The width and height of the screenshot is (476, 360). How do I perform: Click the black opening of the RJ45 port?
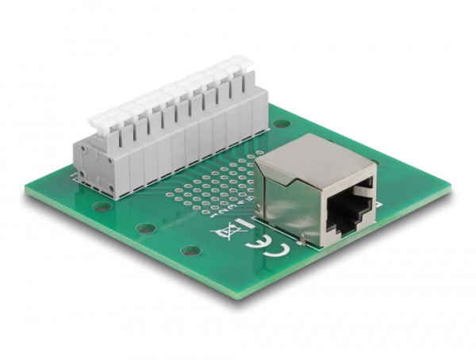[x=350, y=208]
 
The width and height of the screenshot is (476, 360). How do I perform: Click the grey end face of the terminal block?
[x=94, y=170]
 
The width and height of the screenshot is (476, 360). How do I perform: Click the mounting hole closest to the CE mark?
[x=188, y=251]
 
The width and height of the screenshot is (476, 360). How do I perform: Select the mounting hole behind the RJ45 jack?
[x=282, y=124]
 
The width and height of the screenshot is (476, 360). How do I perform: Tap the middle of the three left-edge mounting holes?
[x=145, y=228]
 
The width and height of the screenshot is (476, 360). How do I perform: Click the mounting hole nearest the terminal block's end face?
[x=102, y=206]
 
